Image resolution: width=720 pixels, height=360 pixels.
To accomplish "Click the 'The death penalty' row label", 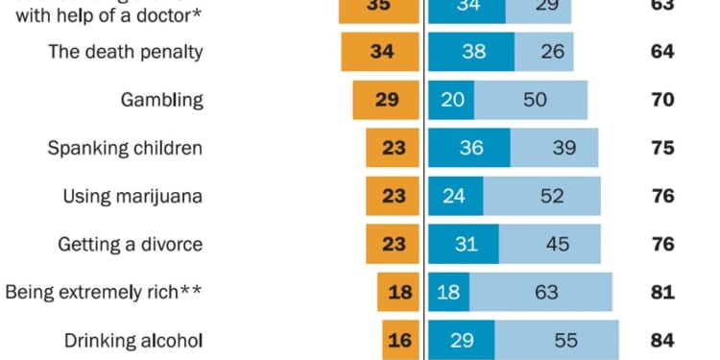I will pos(126,52).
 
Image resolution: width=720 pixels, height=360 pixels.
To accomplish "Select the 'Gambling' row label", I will pos(162,100).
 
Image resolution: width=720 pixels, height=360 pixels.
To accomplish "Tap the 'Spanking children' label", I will pos(126,148).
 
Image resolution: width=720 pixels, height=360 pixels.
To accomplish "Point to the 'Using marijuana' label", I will pos(132,196).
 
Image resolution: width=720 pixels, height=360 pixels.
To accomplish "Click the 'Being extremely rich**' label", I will pos(104,292).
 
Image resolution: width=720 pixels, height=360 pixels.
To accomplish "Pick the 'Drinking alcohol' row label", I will pos(133,340).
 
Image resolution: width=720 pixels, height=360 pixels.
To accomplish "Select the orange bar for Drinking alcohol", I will pos(401,340).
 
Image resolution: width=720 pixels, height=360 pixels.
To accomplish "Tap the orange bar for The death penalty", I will pos(381,52).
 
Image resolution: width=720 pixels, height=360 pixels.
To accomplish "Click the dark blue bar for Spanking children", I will pos(468,148).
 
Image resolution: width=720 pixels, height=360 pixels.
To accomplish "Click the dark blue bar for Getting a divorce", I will pos(464,244).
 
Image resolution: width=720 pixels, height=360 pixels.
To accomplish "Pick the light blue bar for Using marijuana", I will pos(540,196).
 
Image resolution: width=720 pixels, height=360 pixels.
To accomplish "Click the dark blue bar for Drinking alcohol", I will pos(461,340).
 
